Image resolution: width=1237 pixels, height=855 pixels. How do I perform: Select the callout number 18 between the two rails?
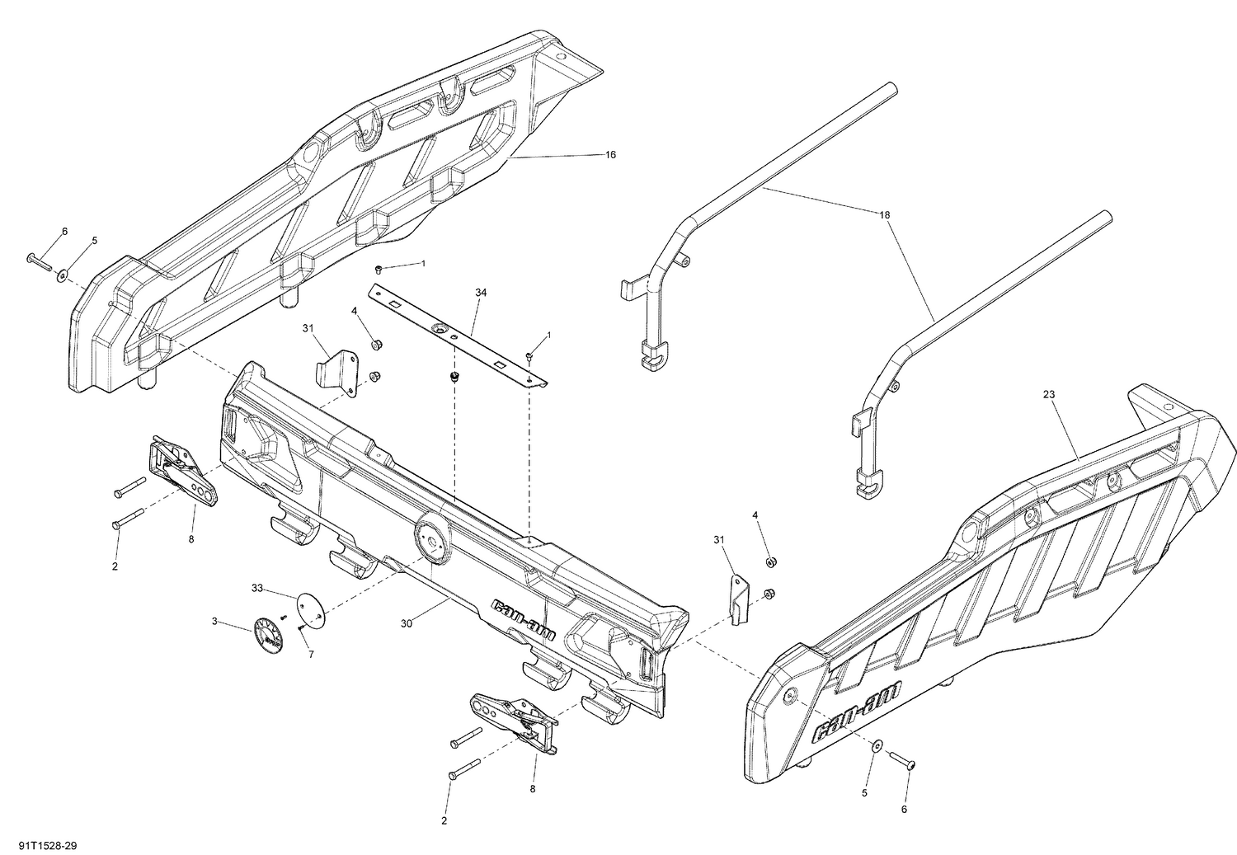click(x=885, y=214)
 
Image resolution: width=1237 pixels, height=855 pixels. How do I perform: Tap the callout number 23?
click(x=1049, y=394)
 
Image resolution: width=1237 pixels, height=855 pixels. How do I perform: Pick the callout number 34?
click(x=481, y=292)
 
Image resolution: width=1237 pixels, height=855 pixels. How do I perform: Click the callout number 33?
click(x=257, y=588)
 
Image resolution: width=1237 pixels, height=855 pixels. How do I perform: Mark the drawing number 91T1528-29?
click(x=41, y=845)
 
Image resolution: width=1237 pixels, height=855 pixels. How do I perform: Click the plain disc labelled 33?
click(x=310, y=606)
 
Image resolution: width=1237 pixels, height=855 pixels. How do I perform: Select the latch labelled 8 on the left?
click(x=185, y=472)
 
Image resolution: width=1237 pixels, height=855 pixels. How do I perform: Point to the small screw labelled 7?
click(x=301, y=628)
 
